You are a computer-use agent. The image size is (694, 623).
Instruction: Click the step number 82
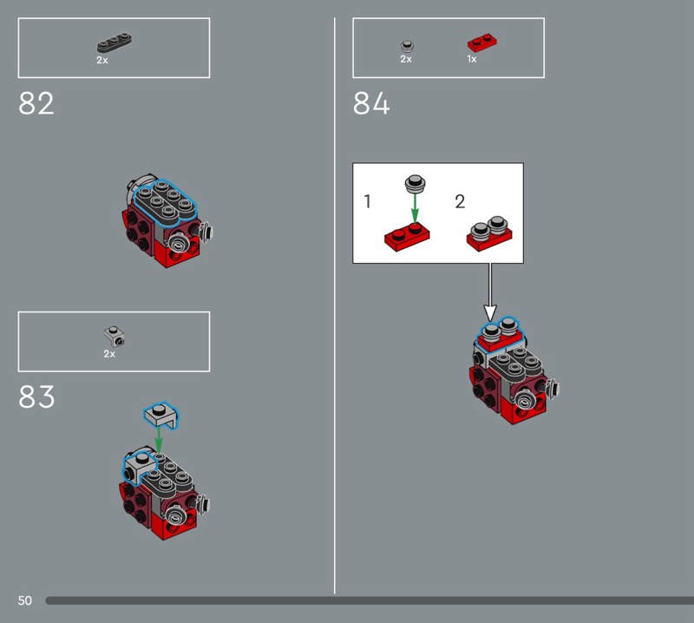point(36,103)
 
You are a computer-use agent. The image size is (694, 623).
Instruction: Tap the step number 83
point(36,397)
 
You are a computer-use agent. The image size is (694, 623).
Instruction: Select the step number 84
point(371,103)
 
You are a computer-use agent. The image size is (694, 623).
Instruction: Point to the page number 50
point(25,600)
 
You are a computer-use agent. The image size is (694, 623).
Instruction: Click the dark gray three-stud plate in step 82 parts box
point(115,43)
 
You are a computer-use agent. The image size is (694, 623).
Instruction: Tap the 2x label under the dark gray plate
point(102,60)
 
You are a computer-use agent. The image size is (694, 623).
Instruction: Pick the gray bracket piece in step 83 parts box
point(115,337)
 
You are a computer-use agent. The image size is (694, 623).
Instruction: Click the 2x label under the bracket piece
point(109,354)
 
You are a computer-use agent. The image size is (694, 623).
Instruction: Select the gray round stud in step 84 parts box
point(407,46)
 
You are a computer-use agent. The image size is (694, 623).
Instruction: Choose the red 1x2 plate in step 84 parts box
point(482,43)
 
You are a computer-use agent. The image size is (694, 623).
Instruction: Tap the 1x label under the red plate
point(472,59)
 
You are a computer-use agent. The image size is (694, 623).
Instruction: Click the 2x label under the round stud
point(406,59)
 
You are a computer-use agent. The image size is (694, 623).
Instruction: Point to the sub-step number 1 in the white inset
point(367,201)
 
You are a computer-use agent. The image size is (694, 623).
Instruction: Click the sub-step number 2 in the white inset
point(460,201)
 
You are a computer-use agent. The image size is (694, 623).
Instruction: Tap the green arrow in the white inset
point(415,209)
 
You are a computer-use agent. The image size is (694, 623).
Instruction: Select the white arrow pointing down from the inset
point(489,292)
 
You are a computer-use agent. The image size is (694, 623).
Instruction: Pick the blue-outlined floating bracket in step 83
point(160,416)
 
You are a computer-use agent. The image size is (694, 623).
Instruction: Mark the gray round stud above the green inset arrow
point(416,183)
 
